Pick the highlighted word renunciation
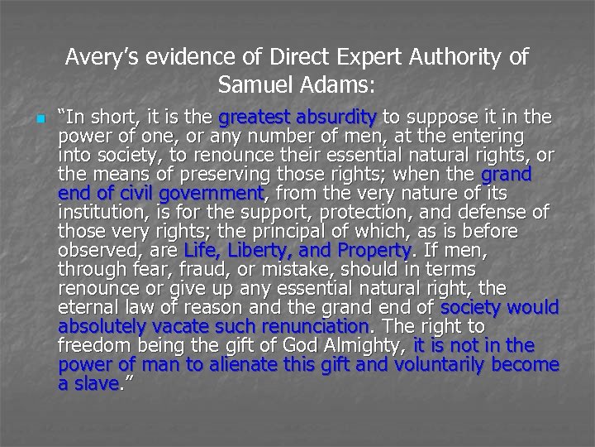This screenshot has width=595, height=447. click(317, 326)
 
